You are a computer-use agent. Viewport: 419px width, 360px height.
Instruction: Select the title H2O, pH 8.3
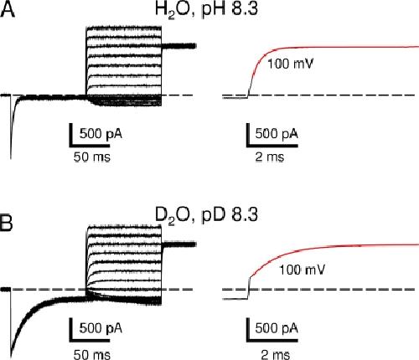[x=206, y=10]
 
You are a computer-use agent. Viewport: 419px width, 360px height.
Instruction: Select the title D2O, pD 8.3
[x=206, y=215]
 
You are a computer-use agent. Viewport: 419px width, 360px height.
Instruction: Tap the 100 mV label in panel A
[x=291, y=64]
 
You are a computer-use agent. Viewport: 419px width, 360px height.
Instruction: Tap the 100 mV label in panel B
[x=303, y=270]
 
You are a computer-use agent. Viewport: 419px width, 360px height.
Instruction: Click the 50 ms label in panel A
[x=92, y=157]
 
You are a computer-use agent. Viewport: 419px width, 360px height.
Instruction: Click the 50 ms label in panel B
[x=92, y=354]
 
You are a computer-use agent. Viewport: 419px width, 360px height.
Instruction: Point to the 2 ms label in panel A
[x=270, y=157]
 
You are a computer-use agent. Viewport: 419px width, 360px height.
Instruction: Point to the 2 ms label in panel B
[x=276, y=354]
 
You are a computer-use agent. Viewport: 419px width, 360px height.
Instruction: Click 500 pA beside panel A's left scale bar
[x=101, y=134]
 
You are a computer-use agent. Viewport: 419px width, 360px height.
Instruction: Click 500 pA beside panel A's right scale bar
[x=277, y=134]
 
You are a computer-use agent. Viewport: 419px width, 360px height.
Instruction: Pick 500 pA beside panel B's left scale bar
[x=101, y=328]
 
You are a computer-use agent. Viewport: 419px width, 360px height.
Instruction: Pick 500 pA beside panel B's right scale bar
[x=277, y=328]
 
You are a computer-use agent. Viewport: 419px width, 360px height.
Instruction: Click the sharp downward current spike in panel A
[x=11, y=134]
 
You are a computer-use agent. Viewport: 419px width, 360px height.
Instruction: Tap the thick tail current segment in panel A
[x=178, y=46]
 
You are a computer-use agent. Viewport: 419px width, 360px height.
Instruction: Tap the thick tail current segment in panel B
[x=178, y=244]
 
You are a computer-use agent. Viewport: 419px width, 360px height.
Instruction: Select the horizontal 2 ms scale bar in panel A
[x=272, y=146]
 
